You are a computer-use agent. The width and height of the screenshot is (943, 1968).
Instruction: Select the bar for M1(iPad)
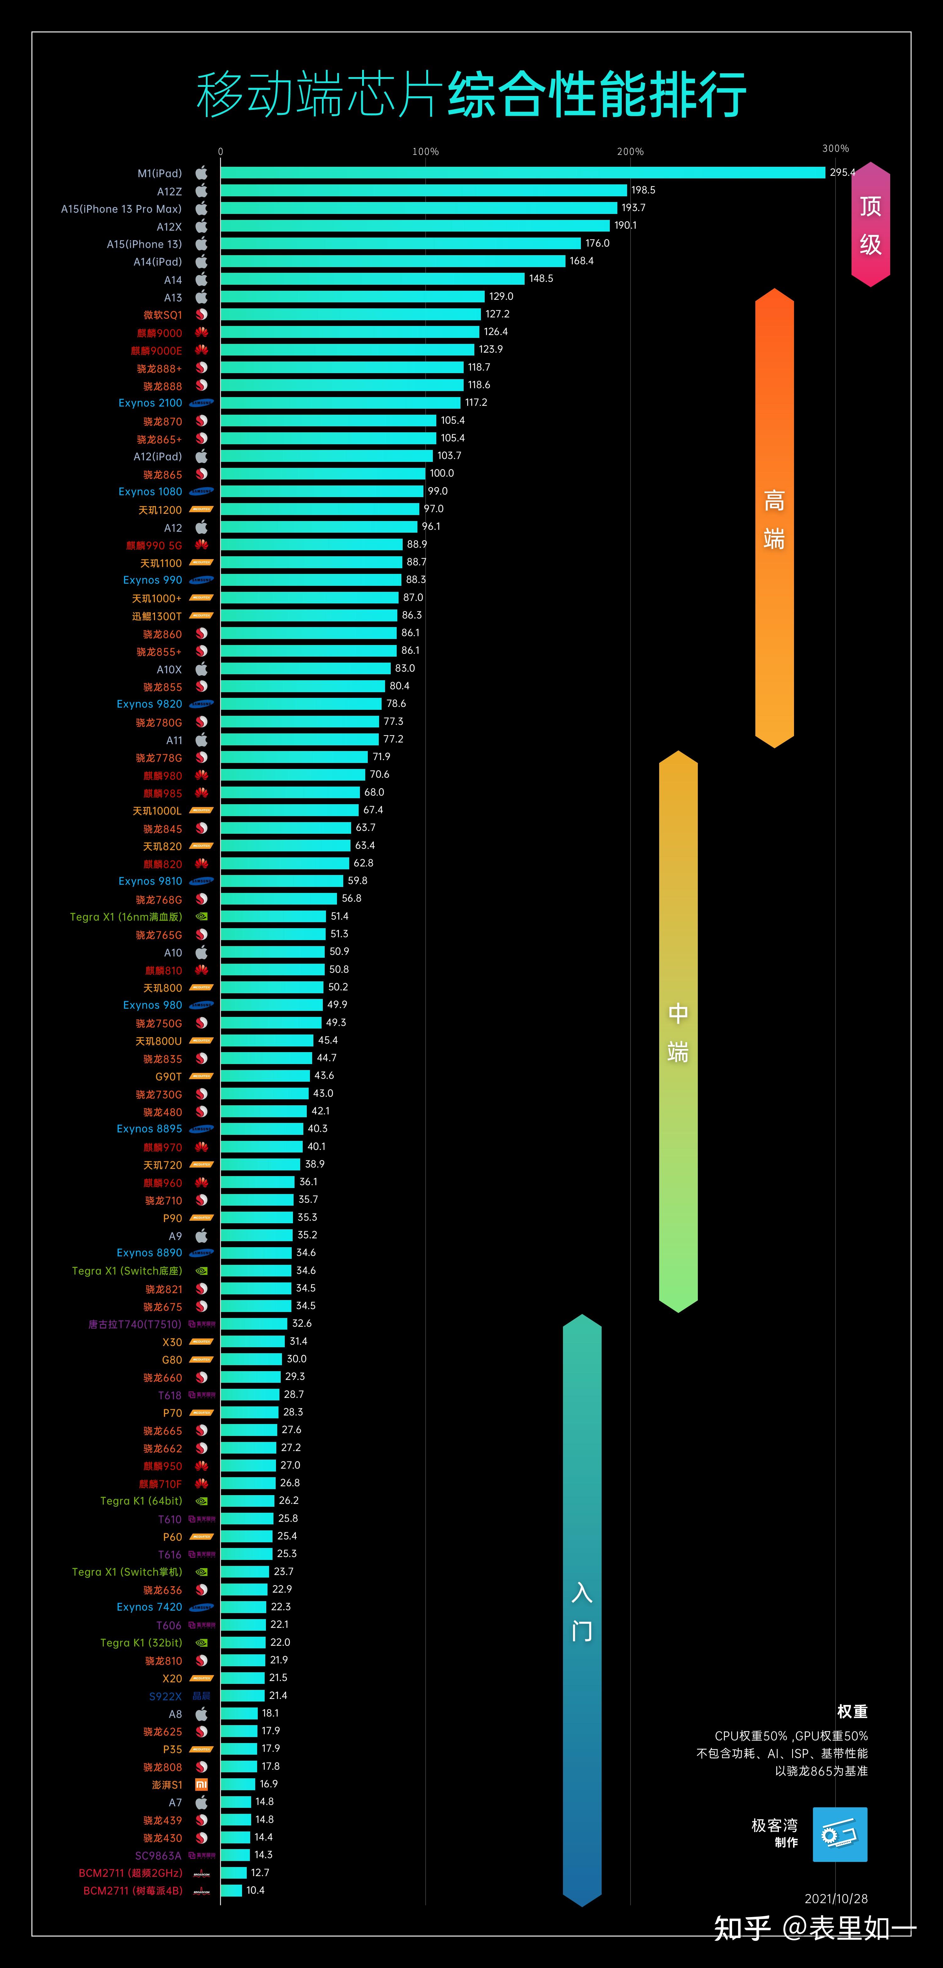tap(523, 173)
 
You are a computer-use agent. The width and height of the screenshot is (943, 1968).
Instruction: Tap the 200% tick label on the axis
tap(630, 151)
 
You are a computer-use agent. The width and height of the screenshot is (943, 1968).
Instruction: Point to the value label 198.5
tap(643, 190)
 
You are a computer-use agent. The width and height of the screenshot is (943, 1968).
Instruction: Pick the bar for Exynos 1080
tap(322, 491)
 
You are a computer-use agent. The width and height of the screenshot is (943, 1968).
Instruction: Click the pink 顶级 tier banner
tap(870, 225)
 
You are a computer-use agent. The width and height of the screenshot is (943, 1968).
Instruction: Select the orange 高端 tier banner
tap(774, 518)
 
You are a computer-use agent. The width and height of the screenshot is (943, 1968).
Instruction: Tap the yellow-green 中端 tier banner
tap(678, 1031)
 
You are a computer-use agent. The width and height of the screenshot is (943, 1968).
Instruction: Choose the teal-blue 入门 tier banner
tap(582, 1610)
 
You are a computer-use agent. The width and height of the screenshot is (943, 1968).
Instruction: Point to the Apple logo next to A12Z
tap(201, 190)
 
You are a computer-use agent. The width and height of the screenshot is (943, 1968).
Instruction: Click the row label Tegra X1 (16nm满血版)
tap(126, 917)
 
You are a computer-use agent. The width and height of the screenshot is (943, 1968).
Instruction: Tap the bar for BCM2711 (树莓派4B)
tap(231, 1890)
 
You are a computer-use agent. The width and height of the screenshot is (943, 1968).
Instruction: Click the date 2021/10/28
tap(836, 1898)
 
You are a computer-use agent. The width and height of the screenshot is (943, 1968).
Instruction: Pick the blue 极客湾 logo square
tap(840, 1834)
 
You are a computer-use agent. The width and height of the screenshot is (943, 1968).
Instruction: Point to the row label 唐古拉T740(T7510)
tap(135, 1324)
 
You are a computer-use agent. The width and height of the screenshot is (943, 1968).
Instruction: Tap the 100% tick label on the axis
tap(425, 151)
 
